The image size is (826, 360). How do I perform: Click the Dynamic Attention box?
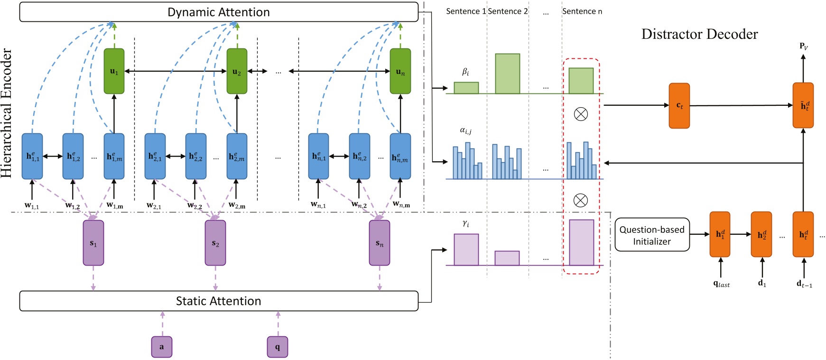click(218, 12)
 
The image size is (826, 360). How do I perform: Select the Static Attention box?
click(218, 301)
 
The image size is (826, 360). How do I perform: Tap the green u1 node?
click(114, 71)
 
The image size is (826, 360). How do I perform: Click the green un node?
click(400, 71)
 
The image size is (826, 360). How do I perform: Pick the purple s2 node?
click(215, 243)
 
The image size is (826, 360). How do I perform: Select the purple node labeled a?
click(161, 347)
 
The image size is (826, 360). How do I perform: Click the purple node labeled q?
click(278, 347)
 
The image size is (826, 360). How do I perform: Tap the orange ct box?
click(679, 106)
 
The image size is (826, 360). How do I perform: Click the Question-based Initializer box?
click(652, 235)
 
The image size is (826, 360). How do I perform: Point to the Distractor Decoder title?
click(699, 34)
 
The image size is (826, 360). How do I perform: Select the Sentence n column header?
click(582, 11)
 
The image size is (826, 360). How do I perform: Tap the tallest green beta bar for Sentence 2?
click(508, 74)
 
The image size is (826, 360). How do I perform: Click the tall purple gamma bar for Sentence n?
click(582, 242)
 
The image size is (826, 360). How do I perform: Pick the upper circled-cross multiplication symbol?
click(581, 114)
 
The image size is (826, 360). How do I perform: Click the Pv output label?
click(803, 46)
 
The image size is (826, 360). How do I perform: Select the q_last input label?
click(721, 284)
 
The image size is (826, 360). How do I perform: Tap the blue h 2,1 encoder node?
click(155, 156)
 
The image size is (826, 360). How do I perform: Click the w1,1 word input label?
click(32, 205)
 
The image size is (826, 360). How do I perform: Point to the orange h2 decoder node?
click(761, 234)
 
